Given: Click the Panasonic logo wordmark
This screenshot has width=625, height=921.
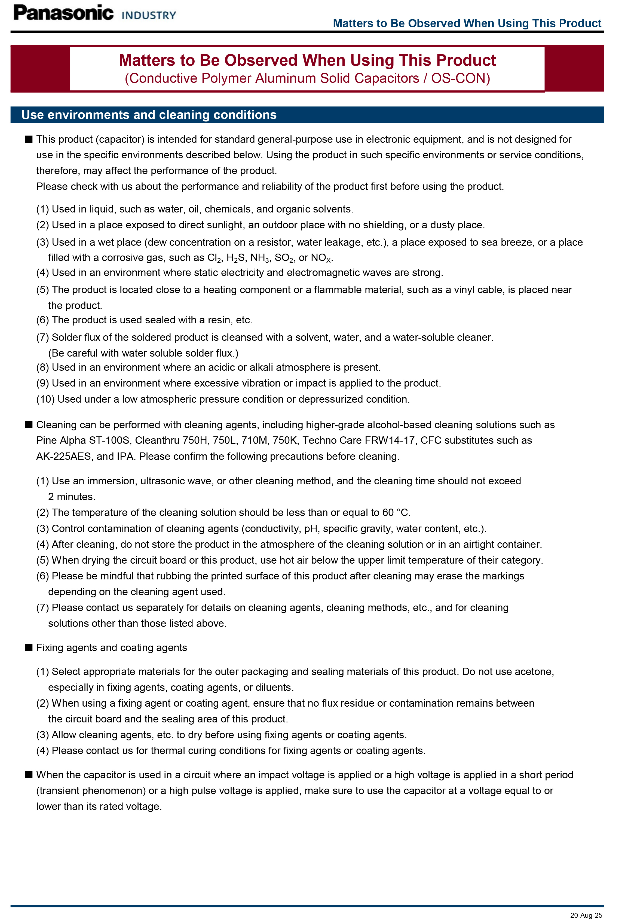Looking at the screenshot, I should click(63, 13).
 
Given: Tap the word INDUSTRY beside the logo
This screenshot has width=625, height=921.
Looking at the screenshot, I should click(149, 16).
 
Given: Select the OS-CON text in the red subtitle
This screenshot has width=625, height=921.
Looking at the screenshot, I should click(460, 78).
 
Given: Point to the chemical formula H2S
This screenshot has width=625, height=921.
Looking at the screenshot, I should click(236, 258).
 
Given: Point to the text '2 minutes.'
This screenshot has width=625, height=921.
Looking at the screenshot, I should click(72, 497).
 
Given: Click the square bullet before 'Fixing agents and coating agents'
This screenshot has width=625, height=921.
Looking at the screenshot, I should click(29, 647).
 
